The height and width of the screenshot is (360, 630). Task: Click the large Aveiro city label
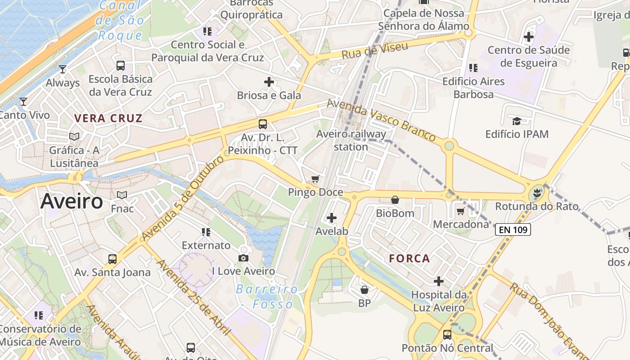coord(72,201)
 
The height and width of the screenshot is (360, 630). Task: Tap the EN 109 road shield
coord(513,229)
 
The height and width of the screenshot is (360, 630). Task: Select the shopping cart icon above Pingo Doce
coord(315,179)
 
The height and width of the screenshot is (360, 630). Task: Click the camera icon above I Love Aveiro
coord(243,258)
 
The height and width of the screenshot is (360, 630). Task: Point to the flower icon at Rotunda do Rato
coord(536,193)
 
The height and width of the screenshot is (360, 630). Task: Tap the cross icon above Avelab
coord(332,218)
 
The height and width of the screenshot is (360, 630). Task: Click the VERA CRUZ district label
coord(108,119)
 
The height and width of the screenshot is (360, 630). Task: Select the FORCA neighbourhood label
coord(409,259)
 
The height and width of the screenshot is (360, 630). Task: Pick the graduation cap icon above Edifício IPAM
coord(517,121)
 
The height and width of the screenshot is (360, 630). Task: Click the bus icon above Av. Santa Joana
coord(112,259)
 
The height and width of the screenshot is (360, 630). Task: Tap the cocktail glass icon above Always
coord(63,69)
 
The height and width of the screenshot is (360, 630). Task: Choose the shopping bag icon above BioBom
coord(395,200)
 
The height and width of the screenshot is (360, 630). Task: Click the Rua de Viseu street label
coord(374,51)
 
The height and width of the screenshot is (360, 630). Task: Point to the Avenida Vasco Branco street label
coord(381,120)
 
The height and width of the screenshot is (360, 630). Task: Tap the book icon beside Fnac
coord(122,195)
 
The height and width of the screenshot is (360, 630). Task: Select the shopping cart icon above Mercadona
coord(460,211)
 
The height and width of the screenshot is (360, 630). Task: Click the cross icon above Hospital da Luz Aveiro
coord(439,282)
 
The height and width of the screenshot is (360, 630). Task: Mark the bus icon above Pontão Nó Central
coord(447,335)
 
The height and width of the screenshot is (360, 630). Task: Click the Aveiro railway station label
coord(351,140)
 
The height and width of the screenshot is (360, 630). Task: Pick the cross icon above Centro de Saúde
coord(529,37)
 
